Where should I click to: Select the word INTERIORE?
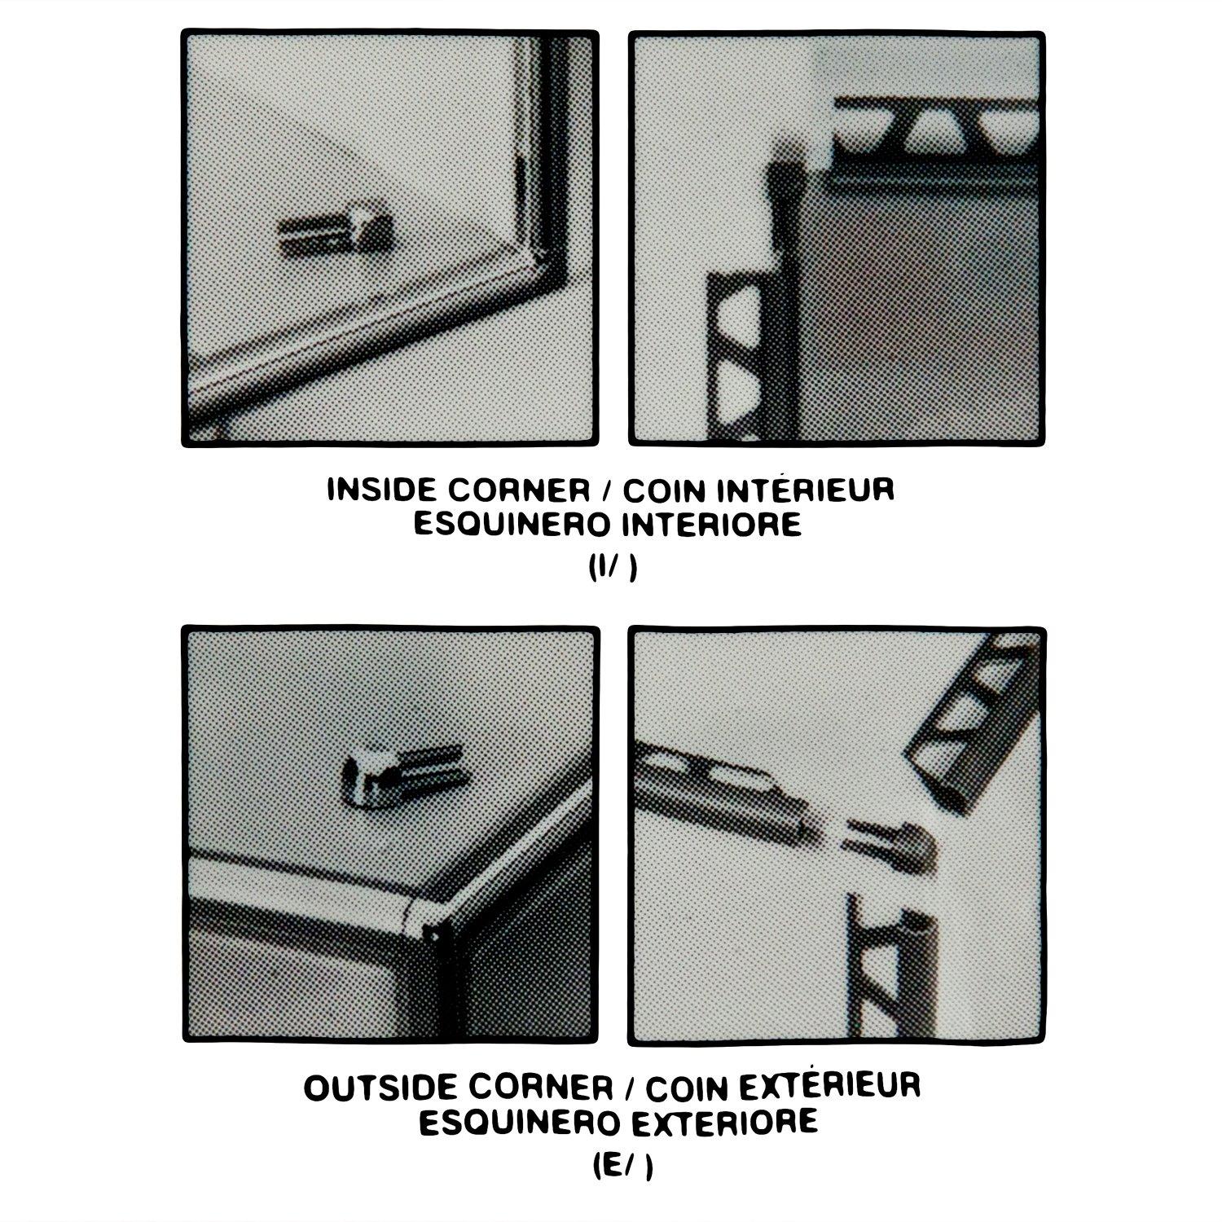(711, 525)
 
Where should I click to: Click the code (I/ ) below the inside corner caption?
(612, 569)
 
